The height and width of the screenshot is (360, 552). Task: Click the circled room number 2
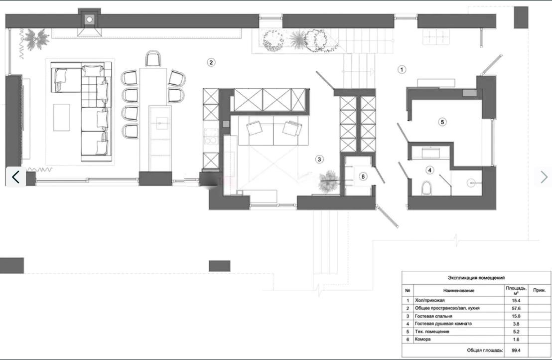pyautogui.click(x=211, y=63)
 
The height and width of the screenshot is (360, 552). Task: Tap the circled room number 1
pyautogui.click(x=402, y=69)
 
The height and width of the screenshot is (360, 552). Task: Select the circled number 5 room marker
pyautogui.click(x=442, y=122)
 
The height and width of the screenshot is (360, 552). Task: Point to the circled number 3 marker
pyautogui.click(x=319, y=159)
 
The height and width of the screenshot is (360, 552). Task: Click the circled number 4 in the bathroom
pyautogui.click(x=429, y=170)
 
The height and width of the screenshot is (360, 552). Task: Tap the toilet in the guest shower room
pyautogui.click(x=426, y=188)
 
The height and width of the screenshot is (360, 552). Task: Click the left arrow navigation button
pyautogui.click(x=15, y=177)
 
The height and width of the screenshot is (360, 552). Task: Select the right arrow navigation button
pyautogui.click(x=543, y=177)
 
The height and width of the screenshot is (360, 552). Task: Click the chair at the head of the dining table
pyautogui.click(x=153, y=58)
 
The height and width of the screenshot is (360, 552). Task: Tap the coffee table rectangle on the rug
pyautogui.click(x=62, y=117)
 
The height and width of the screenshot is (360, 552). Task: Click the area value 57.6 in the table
pyautogui.click(x=516, y=308)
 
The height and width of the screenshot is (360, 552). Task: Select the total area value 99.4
pyautogui.click(x=516, y=351)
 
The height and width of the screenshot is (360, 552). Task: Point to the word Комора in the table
pyautogui.click(x=422, y=340)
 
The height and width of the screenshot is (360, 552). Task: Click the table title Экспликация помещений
pyautogui.click(x=476, y=278)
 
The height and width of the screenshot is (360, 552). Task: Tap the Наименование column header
pyautogui.click(x=459, y=291)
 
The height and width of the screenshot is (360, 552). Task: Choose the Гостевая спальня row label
pyautogui.click(x=433, y=316)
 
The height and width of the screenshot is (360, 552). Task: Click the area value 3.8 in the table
pyautogui.click(x=516, y=324)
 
